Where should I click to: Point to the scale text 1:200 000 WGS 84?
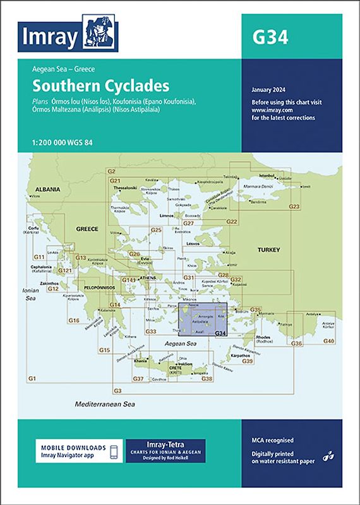pyautogui.click(x=58, y=140)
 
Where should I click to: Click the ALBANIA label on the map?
pyautogui.click(x=48, y=189)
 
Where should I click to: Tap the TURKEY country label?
pyautogui.click(x=268, y=251)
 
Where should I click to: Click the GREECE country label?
pyautogui.click(x=87, y=229)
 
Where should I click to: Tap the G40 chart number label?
pyautogui.click(x=329, y=342)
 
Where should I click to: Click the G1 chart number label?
pyautogui.click(x=32, y=377)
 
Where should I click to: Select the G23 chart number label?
pyautogui.click(x=294, y=206)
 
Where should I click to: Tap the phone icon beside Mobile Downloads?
pyautogui.click(x=113, y=453)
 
